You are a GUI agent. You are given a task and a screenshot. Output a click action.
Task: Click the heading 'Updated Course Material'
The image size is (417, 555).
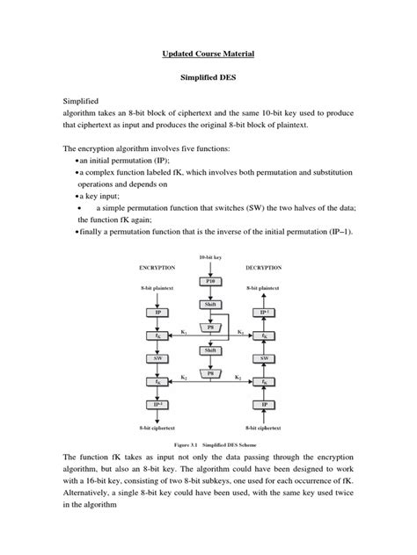(x=208, y=54)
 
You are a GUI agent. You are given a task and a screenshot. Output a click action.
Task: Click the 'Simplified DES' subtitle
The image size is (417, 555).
(x=208, y=77)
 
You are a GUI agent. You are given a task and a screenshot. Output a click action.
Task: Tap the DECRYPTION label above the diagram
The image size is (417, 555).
(x=263, y=265)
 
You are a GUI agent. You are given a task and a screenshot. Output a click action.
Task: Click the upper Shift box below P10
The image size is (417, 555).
(x=208, y=304)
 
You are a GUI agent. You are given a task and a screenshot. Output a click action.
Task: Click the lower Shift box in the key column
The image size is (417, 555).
(x=208, y=350)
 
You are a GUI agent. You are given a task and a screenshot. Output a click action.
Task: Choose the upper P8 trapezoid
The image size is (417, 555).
(x=208, y=327)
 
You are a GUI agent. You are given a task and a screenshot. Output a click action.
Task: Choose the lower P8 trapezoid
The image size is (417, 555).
(x=208, y=372)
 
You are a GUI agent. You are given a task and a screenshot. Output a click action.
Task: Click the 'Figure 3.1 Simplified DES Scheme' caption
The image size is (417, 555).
(x=208, y=445)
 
